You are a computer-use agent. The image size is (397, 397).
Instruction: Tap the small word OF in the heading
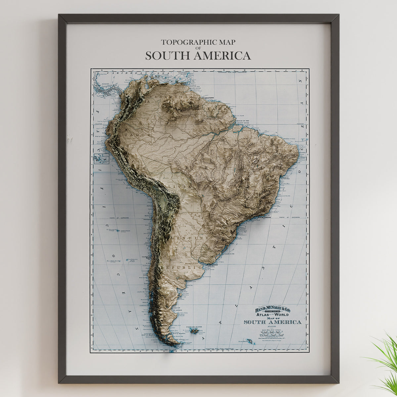198,48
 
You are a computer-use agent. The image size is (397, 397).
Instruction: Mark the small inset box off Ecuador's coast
102,159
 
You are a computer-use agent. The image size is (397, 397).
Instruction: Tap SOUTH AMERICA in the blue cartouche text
273,322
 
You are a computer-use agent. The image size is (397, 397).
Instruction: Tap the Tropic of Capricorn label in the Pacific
119,218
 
